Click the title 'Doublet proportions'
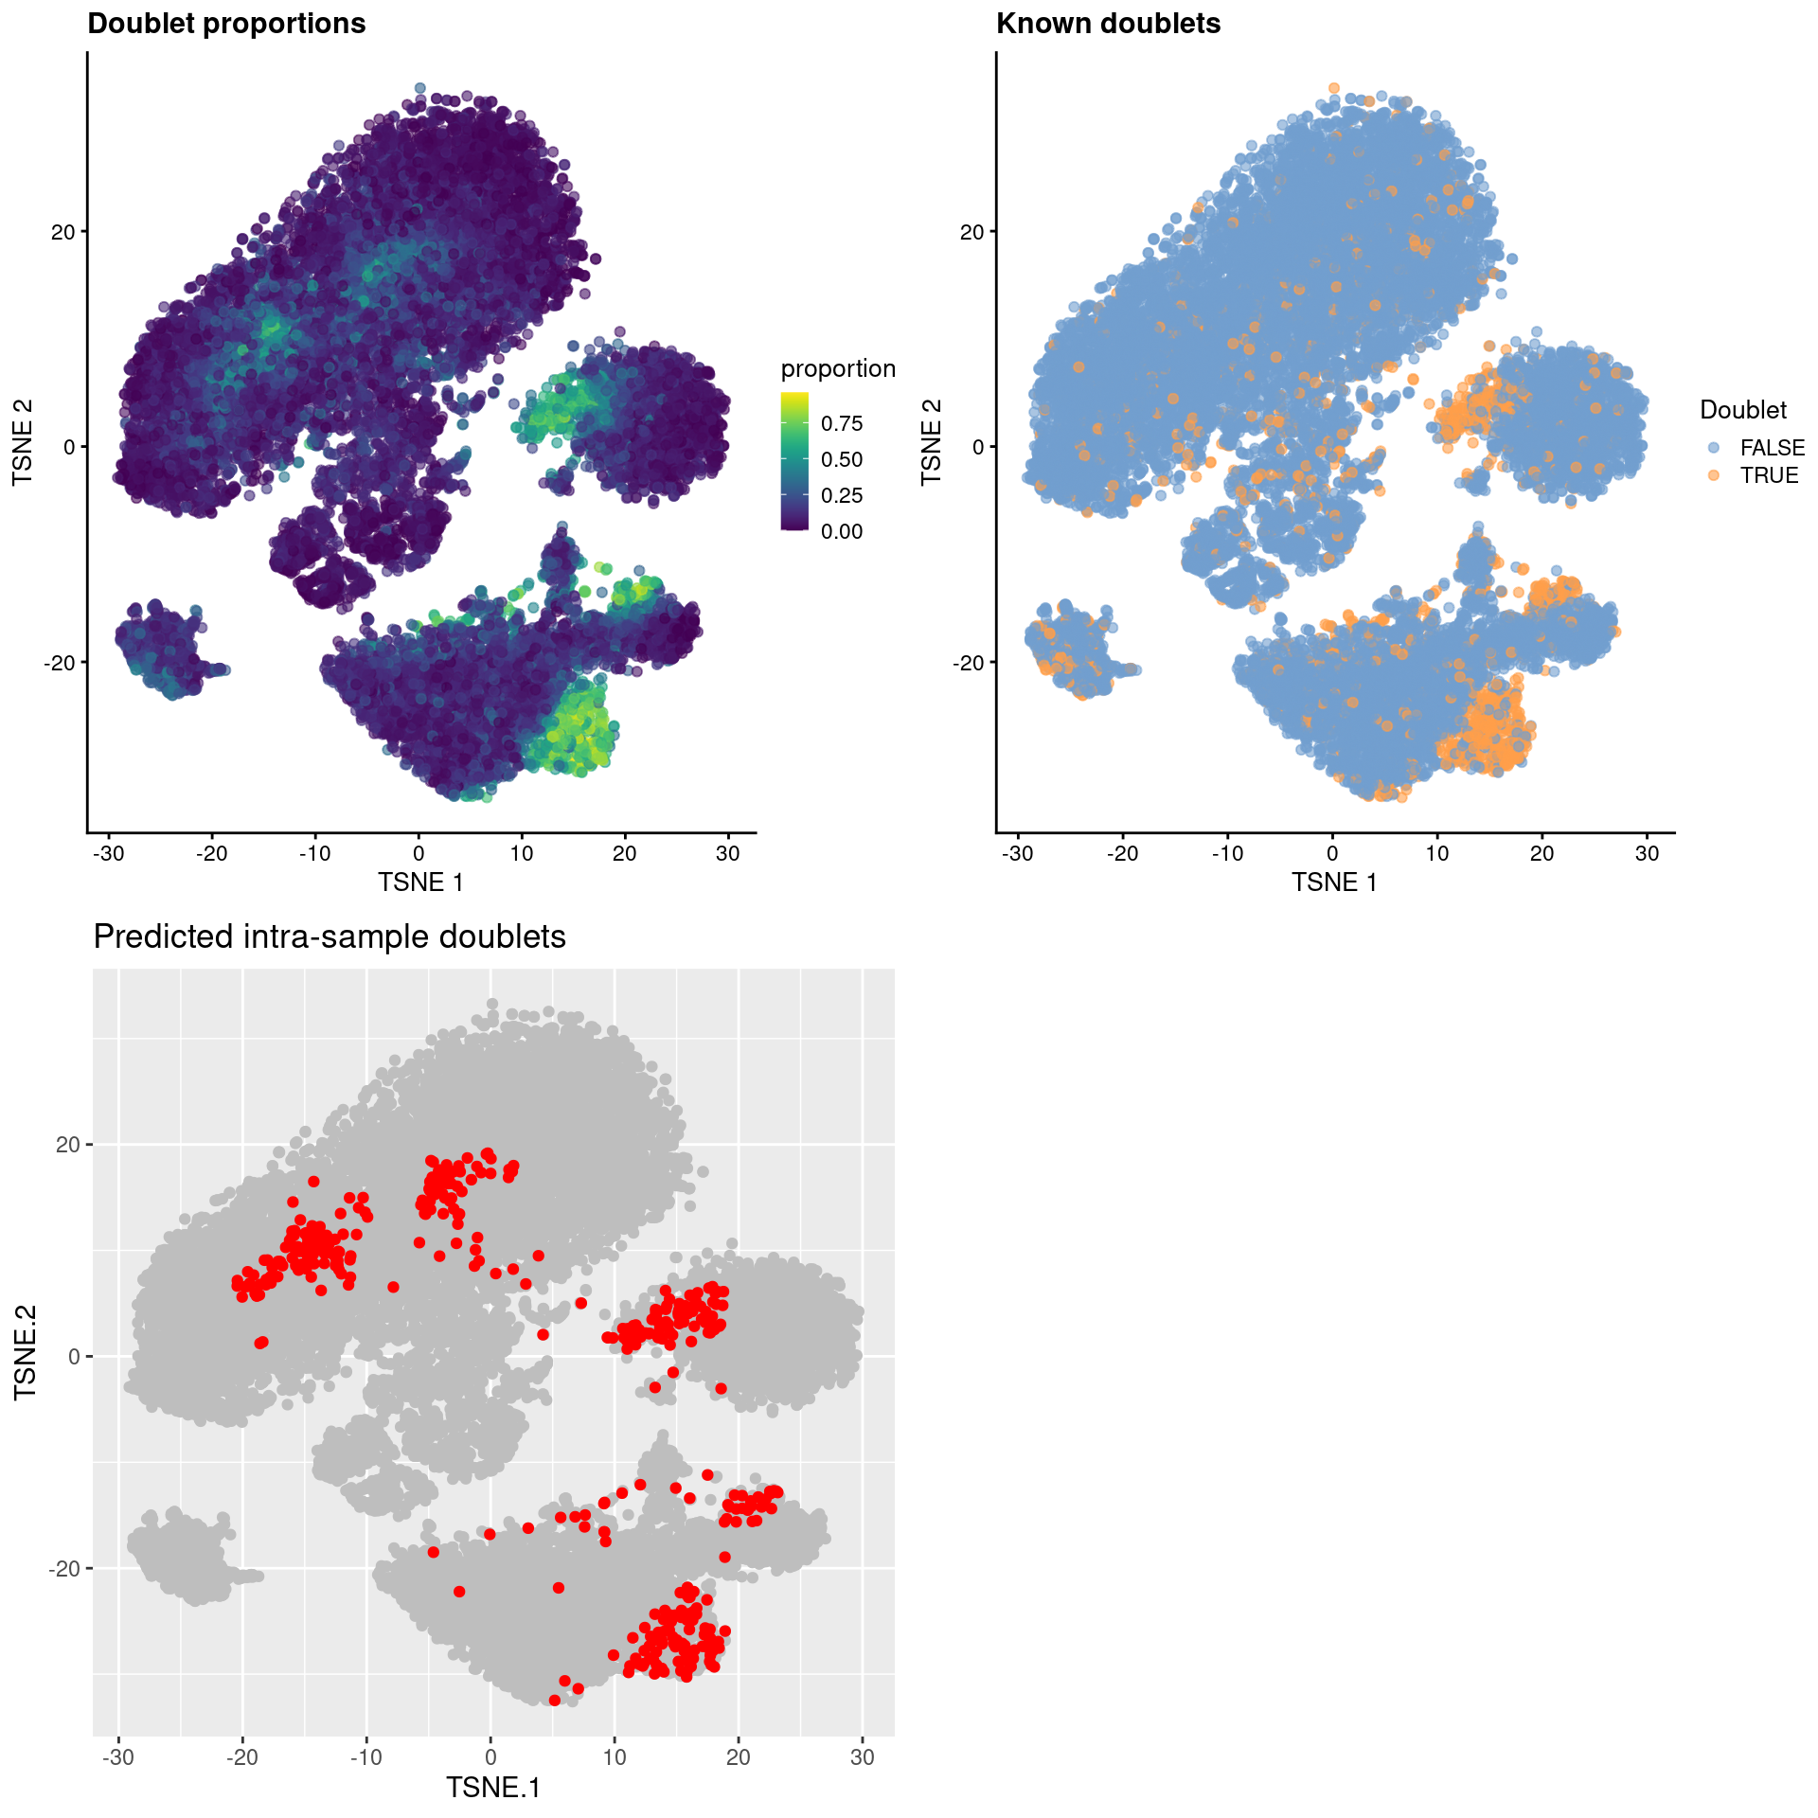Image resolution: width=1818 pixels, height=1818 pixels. [x=226, y=24]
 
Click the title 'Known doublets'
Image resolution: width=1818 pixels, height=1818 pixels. [x=1108, y=24]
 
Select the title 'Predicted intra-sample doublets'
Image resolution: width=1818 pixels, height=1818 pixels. [x=330, y=936]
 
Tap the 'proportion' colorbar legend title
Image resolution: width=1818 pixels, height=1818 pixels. [x=838, y=368]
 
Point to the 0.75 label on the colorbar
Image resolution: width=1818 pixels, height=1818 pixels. [x=842, y=423]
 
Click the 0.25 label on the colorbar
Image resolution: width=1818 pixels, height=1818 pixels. [x=842, y=495]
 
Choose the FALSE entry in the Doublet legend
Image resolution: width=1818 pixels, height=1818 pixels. [x=1772, y=448]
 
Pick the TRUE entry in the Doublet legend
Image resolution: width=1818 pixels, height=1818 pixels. [x=1769, y=475]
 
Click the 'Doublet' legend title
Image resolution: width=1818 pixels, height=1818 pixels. [x=1743, y=410]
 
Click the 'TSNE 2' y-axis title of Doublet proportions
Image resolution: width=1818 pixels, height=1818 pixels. [x=24, y=443]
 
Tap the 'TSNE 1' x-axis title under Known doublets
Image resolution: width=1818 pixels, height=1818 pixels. [x=1334, y=882]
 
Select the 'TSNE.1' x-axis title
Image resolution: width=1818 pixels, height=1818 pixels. [x=493, y=1788]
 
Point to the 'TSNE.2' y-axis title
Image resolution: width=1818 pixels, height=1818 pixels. [x=26, y=1352]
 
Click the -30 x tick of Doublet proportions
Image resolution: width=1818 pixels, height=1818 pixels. [x=108, y=853]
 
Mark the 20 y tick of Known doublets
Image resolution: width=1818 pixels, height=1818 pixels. [x=971, y=232]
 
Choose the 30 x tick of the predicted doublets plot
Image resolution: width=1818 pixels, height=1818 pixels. [x=863, y=1757]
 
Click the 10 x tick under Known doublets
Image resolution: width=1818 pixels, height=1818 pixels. [x=1437, y=853]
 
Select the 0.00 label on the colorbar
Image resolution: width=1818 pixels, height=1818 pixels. [x=842, y=531]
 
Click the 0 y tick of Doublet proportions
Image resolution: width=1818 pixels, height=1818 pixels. [x=69, y=447]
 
